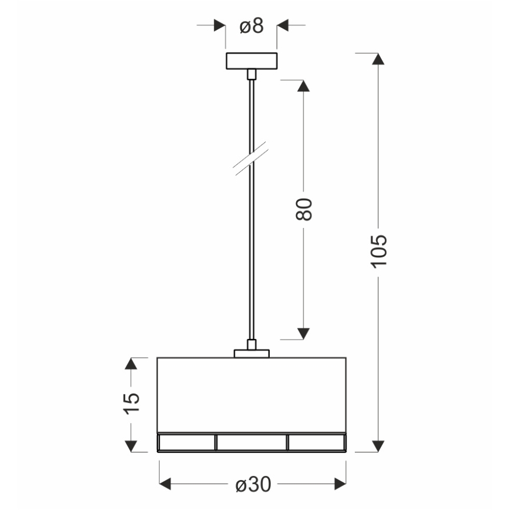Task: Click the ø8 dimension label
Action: tap(251, 26)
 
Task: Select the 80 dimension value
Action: tap(304, 209)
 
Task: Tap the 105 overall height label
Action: tap(379, 251)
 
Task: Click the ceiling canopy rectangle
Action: tap(251, 61)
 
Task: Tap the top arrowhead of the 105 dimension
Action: tap(379, 59)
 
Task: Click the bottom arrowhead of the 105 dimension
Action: tap(379, 447)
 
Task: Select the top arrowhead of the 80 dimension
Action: tap(304, 86)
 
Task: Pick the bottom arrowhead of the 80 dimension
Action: tap(304, 334)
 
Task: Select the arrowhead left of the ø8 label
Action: tap(219, 26)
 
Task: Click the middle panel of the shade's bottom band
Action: tap(251, 442)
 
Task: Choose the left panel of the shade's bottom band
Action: tap(187, 442)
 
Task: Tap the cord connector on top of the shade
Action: tap(251, 353)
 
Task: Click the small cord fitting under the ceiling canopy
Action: tap(251, 74)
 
